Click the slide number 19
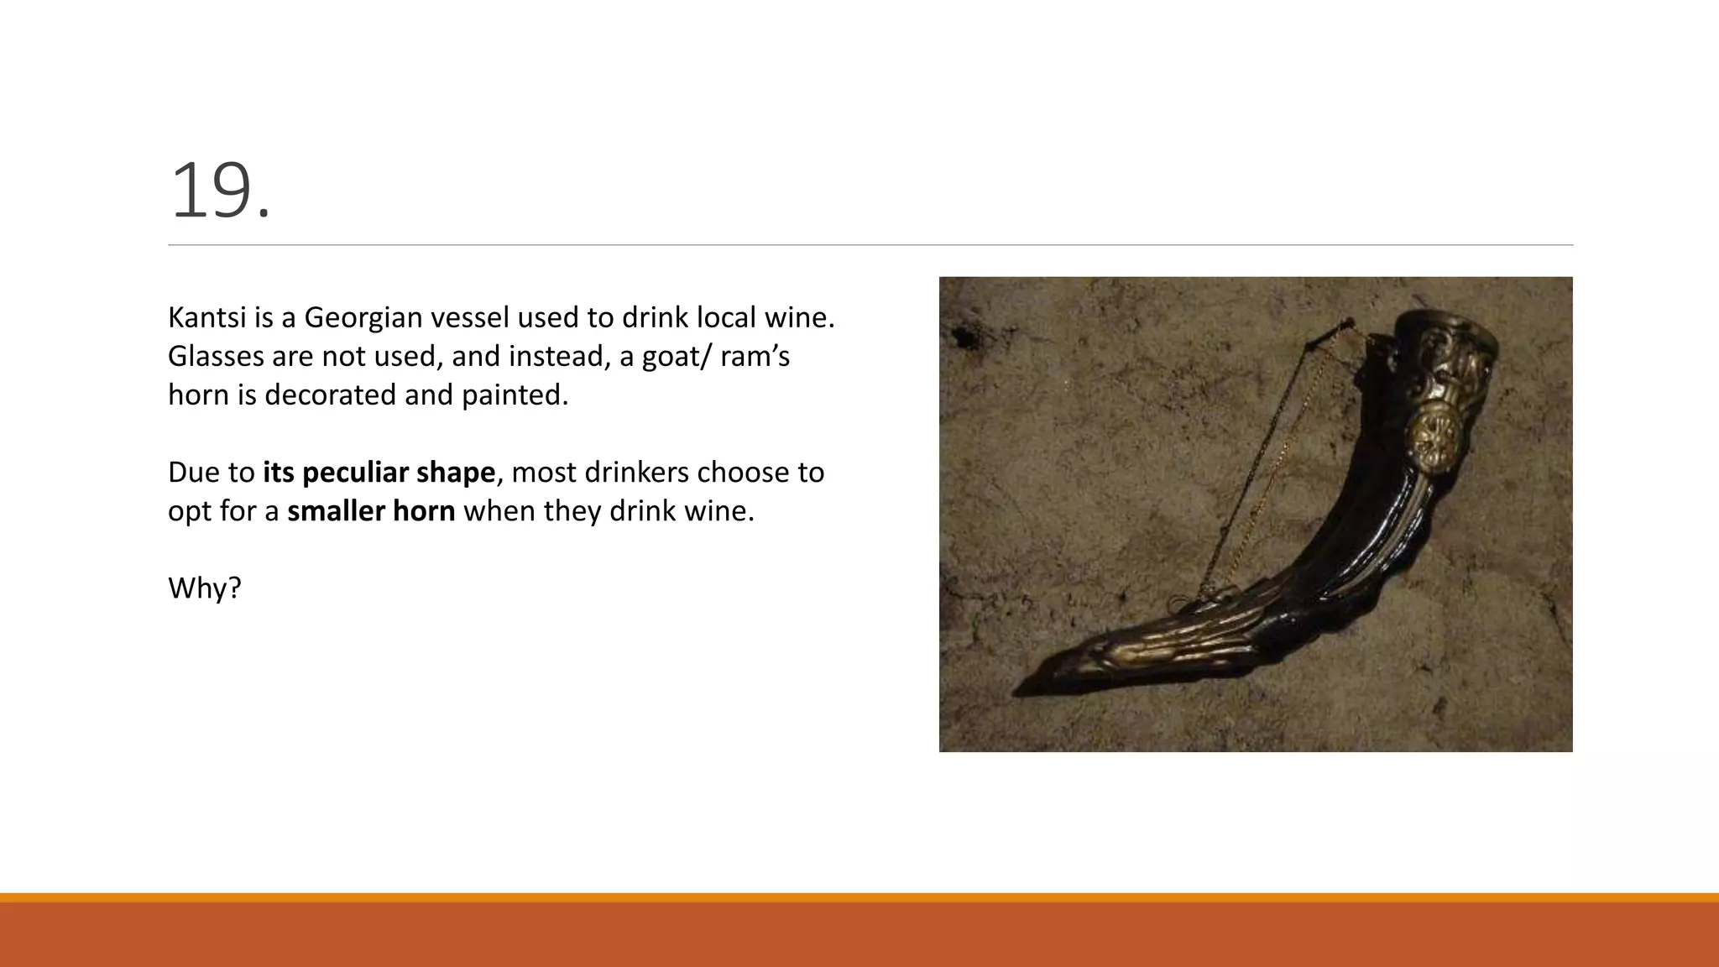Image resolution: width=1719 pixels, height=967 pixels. (220, 192)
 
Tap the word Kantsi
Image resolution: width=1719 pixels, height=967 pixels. (199, 317)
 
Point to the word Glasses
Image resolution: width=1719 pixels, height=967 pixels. (215, 356)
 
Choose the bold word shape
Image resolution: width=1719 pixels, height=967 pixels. (455, 473)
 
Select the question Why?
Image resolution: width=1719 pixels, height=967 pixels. (205, 588)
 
